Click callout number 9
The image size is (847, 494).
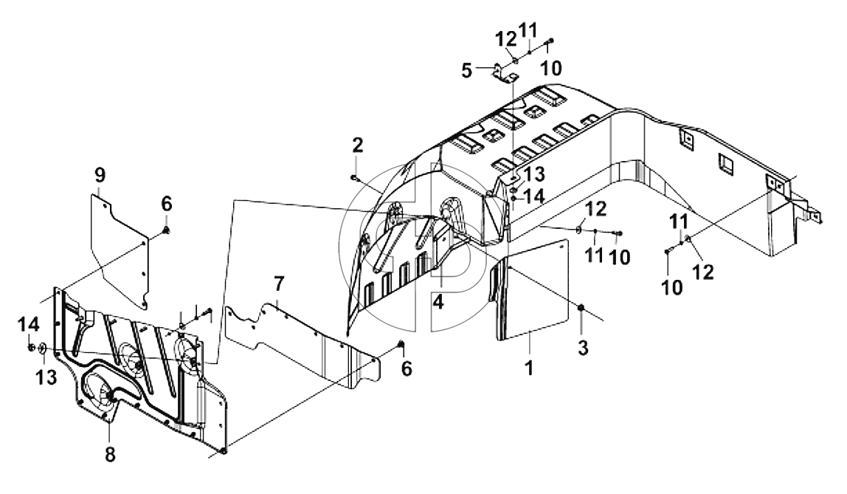click(100, 175)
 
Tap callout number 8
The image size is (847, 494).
click(110, 455)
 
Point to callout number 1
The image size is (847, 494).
click(530, 368)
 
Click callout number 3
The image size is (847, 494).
click(583, 348)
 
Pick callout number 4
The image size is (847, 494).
click(438, 301)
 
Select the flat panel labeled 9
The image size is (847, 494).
click(119, 251)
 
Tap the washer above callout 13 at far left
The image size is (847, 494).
click(43, 350)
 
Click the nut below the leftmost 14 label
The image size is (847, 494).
click(31, 346)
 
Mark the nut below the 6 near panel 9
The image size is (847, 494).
click(167, 231)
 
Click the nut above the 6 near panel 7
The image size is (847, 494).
click(401, 344)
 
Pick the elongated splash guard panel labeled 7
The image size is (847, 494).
click(303, 346)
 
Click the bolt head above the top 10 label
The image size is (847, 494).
click(550, 41)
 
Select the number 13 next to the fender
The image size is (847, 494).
click(533, 174)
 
